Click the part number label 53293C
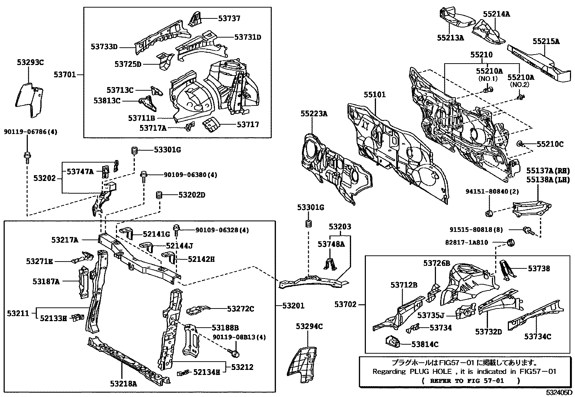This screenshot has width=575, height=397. click(x=30, y=62)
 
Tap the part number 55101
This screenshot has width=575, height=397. click(x=375, y=95)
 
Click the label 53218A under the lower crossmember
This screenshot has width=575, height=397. click(x=124, y=384)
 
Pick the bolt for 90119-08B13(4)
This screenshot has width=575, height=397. click(x=235, y=351)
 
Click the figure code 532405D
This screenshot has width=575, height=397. click(x=559, y=392)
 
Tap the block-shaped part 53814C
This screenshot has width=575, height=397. click(x=392, y=341)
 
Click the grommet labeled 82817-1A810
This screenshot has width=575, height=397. click(x=511, y=242)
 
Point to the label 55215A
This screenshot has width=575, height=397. click(x=546, y=42)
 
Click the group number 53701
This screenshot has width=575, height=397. click(x=65, y=74)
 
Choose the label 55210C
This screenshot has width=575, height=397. click(x=550, y=144)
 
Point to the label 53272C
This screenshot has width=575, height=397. click(x=241, y=309)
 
